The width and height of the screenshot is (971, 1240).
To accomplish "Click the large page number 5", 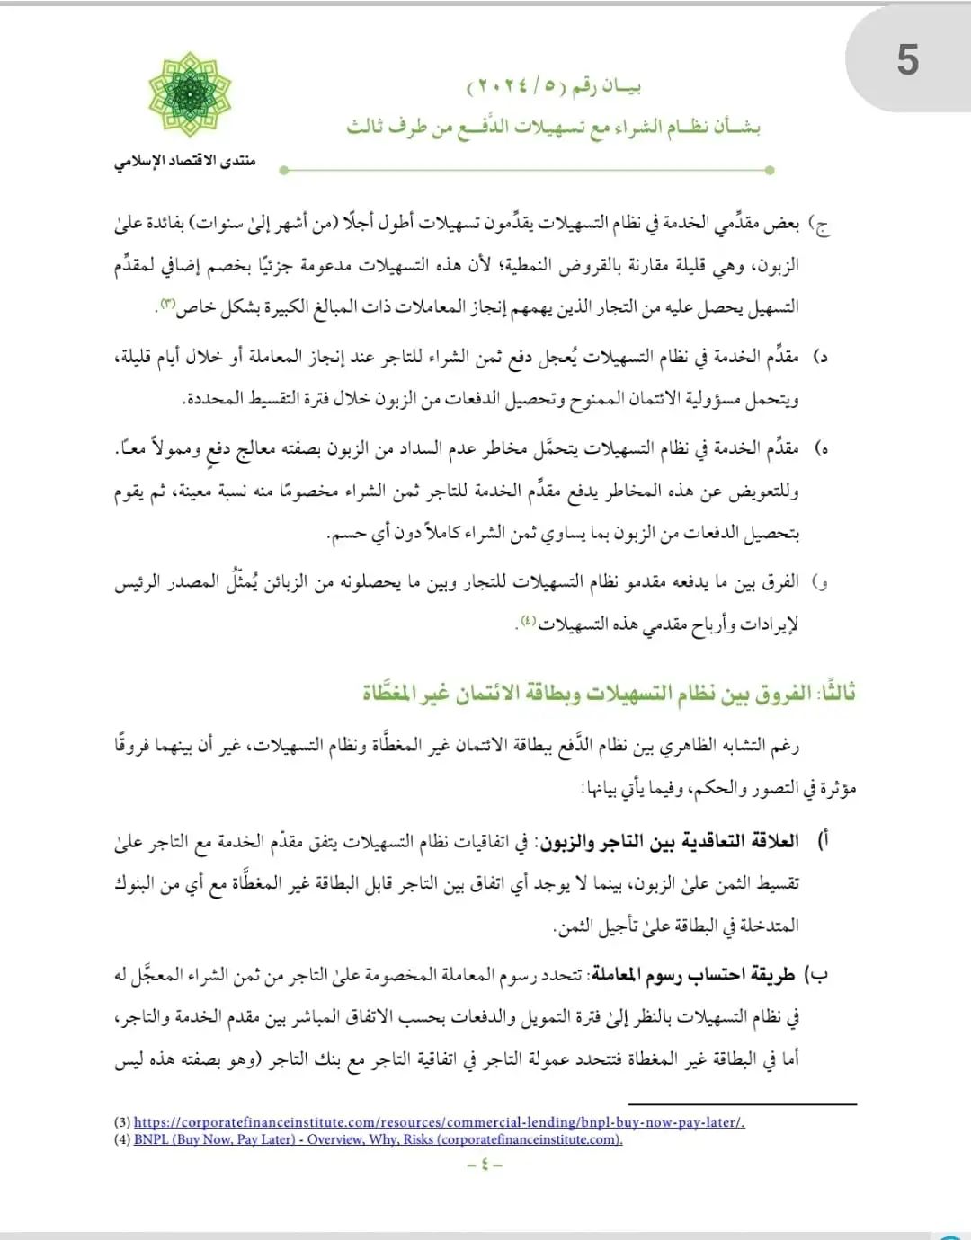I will [907, 61].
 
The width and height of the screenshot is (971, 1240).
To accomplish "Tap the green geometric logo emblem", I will [190, 95].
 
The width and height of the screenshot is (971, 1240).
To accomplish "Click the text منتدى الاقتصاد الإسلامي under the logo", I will [184, 161].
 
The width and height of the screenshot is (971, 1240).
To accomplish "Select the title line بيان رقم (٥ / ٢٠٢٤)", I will [553, 87].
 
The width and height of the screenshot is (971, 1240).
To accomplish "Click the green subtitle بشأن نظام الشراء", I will [553, 127].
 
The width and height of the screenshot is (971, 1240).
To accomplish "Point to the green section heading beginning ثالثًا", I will [609, 693].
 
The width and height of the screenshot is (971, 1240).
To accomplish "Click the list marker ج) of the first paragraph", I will [820, 225].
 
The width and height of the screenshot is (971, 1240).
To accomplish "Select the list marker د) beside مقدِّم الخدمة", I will [820, 357].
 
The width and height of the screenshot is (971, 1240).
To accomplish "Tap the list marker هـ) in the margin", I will [820, 448].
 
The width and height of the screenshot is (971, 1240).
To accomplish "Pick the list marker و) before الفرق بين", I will [820, 582].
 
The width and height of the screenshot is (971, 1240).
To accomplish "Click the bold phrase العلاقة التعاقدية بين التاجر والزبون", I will [670, 841].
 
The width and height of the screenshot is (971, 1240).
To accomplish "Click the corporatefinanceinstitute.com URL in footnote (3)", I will [439, 1122].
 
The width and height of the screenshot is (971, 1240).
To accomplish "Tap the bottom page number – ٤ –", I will [485, 1165].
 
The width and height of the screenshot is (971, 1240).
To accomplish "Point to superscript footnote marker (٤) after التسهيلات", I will [528, 620].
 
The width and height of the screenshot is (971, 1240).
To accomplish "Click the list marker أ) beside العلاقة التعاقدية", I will [822, 841].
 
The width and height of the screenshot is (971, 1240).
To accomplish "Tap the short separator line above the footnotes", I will [742, 1104].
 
